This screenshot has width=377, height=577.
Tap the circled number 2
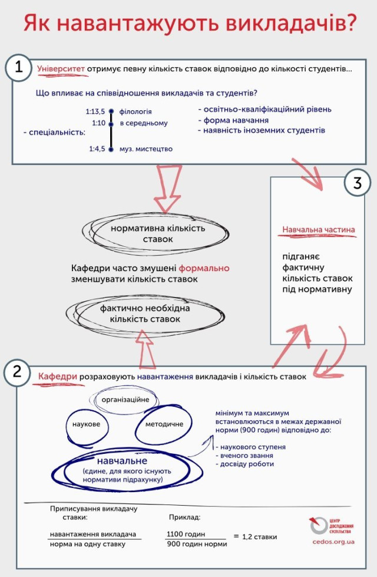pyautogui.click(x=17, y=372)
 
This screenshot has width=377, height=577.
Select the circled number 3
pyautogui.click(x=357, y=183)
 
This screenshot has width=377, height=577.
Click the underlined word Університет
pyautogui.click(x=61, y=69)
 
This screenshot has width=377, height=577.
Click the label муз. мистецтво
pyautogui.click(x=145, y=149)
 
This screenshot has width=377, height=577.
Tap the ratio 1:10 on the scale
pyautogui.click(x=98, y=123)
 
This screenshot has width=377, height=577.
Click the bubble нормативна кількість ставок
pyautogui.click(x=158, y=233)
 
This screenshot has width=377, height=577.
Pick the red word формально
pyautogui.click(x=204, y=268)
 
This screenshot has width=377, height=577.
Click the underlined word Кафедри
pyautogui.click(x=55, y=376)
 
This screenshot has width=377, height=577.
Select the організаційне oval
pyautogui.click(x=125, y=400)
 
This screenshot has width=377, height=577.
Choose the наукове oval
pyautogui.click(x=86, y=424)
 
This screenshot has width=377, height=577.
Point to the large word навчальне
pyautogui.click(x=123, y=460)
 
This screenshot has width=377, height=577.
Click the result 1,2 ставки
pyautogui.click(x=260, y=537)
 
